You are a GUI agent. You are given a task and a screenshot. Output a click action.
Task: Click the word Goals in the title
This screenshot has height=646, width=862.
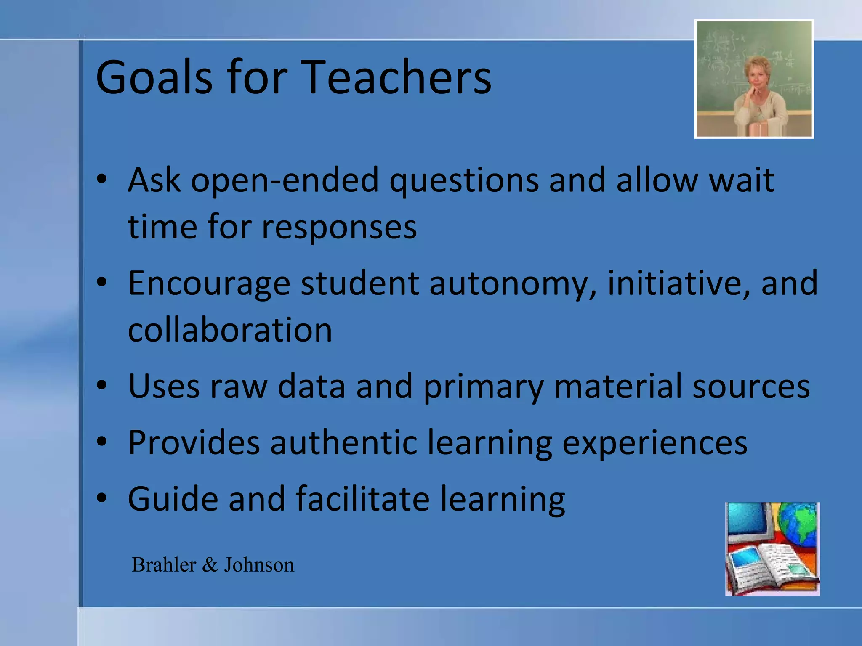154,78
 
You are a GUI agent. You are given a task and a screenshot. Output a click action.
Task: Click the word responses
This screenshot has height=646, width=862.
339,228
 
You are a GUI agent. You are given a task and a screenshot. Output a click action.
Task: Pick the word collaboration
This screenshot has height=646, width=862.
230,330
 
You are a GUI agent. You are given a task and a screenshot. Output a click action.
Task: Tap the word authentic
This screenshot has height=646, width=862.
343,443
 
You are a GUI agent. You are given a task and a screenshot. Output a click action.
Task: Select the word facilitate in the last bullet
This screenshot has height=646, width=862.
362,499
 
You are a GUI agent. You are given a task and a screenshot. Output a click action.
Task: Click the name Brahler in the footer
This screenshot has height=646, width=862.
164,565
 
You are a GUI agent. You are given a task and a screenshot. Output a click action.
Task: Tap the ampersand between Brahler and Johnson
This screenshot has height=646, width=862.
210,565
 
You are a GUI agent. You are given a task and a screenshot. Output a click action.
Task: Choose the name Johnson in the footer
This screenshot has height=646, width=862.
259,565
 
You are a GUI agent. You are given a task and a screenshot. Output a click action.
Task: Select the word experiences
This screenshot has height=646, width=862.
655,443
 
